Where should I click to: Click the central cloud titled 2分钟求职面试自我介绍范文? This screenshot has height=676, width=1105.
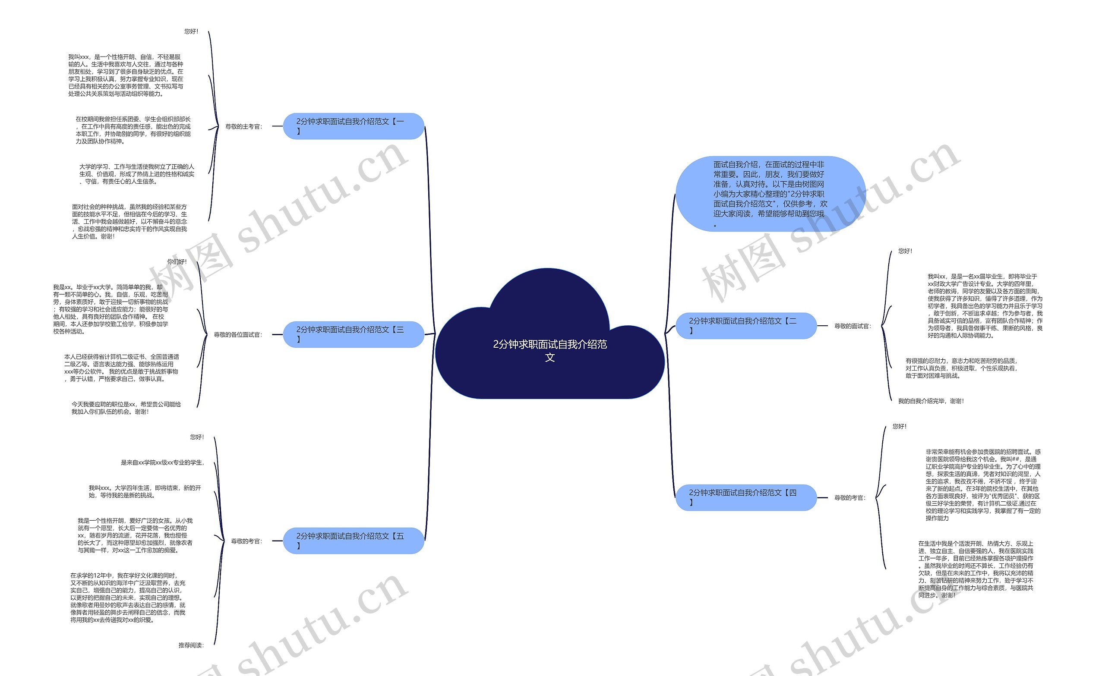pyautogui.click(x=549, y=350)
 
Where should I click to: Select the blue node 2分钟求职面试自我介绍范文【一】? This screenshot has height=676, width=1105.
pyautogui.click(x=354, y=126)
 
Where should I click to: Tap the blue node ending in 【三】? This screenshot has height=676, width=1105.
pyautogui.click(x=354, y=334)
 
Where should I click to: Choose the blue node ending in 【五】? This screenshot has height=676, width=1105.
pyautogui.click(x=354, y=541)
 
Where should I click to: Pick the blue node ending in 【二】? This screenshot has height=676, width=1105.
pyautogui.click(x=745, y=325)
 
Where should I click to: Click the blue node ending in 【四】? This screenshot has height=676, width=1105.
pyautogui.click(x=745, y=497)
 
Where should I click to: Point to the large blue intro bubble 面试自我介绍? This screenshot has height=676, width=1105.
pyautogui.click(x=770, y=194)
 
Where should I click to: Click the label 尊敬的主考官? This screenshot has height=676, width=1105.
pyautogui.click(x=243, y=127)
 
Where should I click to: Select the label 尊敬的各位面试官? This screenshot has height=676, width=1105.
pyautogui.click(x=238, y=335)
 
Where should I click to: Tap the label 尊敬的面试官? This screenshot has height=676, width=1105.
pyautogui.click(x=852, y=326)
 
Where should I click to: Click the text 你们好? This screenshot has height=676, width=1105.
pyautogui.click(x=177, y=262)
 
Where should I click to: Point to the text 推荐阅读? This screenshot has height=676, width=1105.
pyautogui.click(x=191, y=645)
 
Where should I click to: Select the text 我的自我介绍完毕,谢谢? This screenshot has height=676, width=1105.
pyautogui.click(x=931, y=401)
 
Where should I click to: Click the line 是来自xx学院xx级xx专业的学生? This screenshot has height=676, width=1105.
pyautogui.click(x=162, y=462)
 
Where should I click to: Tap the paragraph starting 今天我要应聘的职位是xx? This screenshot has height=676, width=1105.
pyautogui.click(x=126, y=408)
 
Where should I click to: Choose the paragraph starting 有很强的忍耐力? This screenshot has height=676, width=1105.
pyautogui.click(x=961, y=368)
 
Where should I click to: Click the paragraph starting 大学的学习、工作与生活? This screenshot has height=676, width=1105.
pyautogui.click(x=137, y=174)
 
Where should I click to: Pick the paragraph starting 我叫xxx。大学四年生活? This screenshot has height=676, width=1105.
pyautogui.click(x=145, y=492)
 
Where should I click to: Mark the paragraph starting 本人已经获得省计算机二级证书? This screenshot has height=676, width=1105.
pyautogui.click(x=122, y=368)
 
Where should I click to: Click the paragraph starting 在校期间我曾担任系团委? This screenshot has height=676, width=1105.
pyautogui.click(x=133, y=130)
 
